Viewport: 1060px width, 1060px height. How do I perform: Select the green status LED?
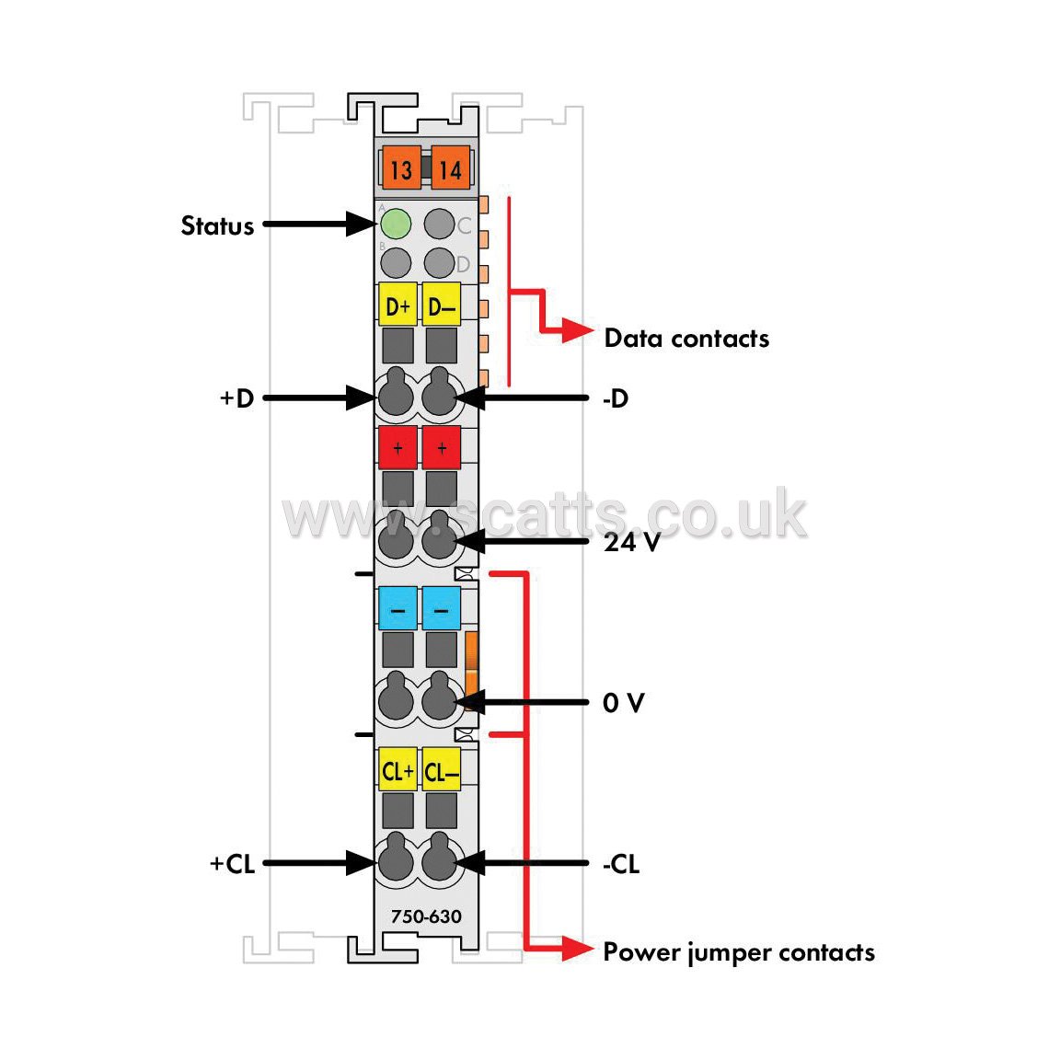(x=396, y=224)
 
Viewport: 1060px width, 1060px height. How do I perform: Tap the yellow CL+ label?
(x=397, y=768)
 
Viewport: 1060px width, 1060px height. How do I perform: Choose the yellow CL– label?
(x=442, y=768)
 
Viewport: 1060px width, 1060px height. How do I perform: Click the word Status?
(x=217, y=225)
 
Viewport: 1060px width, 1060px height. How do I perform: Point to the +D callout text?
(x=236, y=397)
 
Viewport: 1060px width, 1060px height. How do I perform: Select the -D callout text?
(x=616, y=398)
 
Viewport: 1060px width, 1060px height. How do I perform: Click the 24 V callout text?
(x=631, y=541)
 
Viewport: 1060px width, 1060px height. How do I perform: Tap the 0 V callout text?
(x=623, y=702)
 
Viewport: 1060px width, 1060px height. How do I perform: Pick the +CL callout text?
(x=232, y=863)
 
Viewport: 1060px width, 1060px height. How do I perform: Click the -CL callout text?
(x=620, y=863)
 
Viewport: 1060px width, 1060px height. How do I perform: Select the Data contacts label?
(x=686, y=338)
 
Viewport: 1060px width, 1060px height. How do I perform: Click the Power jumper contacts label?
(x=739, y=952)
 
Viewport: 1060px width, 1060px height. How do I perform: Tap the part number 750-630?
(x=426, y=916)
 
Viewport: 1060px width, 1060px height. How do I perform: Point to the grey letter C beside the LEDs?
(x=464, y=225)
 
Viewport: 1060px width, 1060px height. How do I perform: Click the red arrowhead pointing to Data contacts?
(x=577, y=331)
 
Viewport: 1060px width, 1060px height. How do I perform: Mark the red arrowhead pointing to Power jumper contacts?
(x=577, y=948)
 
